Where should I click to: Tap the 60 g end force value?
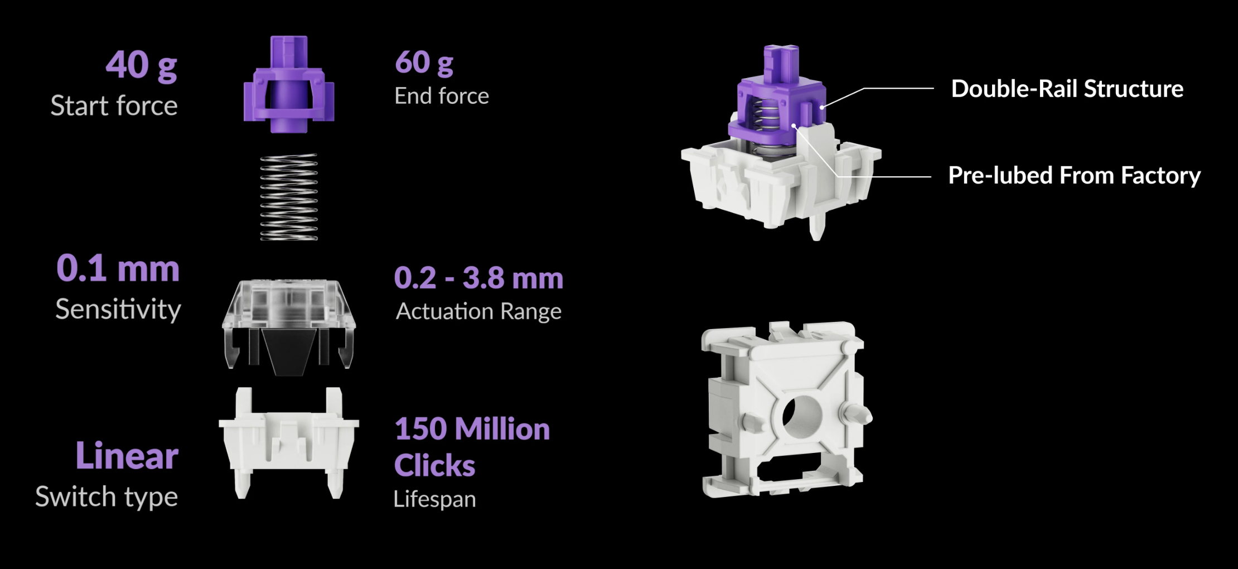(424, 63)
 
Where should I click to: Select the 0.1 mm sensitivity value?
(118, 268)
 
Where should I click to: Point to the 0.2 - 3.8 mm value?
(478, 278)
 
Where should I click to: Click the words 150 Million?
(472, 429)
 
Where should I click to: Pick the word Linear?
(127, 455)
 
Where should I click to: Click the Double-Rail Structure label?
(1067, 89)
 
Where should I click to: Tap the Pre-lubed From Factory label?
(1075, 176)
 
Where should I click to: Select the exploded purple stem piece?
(289, 85)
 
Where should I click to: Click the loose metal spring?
(289, 197)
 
